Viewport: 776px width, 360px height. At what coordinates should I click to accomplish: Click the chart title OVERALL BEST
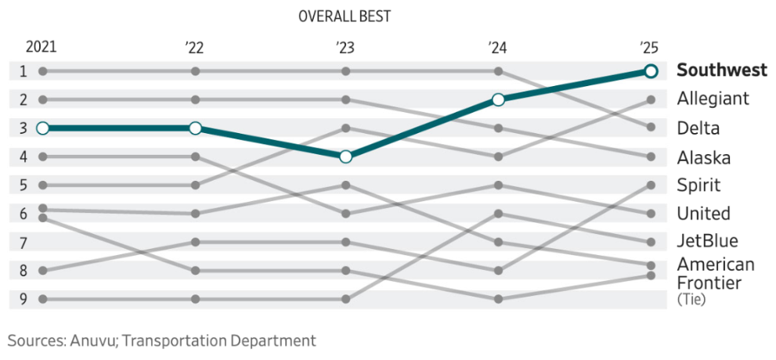coord(345,16)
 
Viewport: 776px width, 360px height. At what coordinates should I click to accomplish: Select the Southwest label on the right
coord(721,70)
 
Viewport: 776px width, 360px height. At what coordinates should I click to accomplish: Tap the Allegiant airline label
coord(713,99)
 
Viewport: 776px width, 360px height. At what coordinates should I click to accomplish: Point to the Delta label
coord(698,128)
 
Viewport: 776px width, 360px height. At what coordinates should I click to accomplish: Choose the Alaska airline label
coord(703,157)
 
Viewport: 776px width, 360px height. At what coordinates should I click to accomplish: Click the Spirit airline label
coord(698,185)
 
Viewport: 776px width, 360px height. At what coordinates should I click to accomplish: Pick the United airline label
coord(703,214)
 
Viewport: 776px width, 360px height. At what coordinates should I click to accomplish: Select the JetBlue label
coord(707,241)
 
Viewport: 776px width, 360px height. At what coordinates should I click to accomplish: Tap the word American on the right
coord(716,264)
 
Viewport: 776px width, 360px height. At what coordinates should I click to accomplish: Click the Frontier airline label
coord(709,282)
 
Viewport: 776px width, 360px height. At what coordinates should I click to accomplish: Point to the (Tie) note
coord(691,298)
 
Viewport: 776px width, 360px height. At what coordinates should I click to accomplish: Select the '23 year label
coord(345,47)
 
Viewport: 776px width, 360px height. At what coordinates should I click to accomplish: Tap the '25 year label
coord(649,47)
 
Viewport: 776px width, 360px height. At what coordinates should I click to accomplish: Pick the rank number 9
coord(23,299)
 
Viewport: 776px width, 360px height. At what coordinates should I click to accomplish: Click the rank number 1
coord(23,71)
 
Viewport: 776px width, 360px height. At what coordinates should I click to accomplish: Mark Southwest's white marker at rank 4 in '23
coord(346,157)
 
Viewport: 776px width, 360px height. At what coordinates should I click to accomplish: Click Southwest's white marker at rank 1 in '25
coord(650,71)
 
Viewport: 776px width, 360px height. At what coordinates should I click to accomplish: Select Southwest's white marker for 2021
coord(43,128)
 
